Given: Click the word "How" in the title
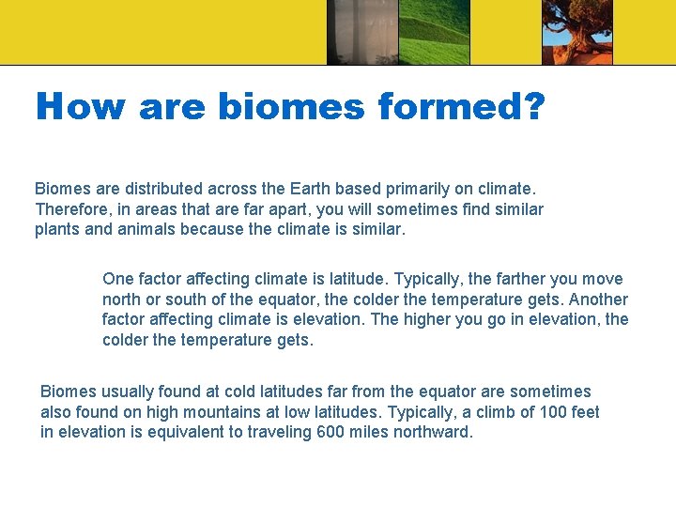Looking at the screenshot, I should [79, 106].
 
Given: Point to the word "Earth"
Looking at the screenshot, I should [300, 189].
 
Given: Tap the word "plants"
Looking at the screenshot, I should [56, 230].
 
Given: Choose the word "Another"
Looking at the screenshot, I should [597, 300].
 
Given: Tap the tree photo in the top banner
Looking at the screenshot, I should [576, 32].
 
